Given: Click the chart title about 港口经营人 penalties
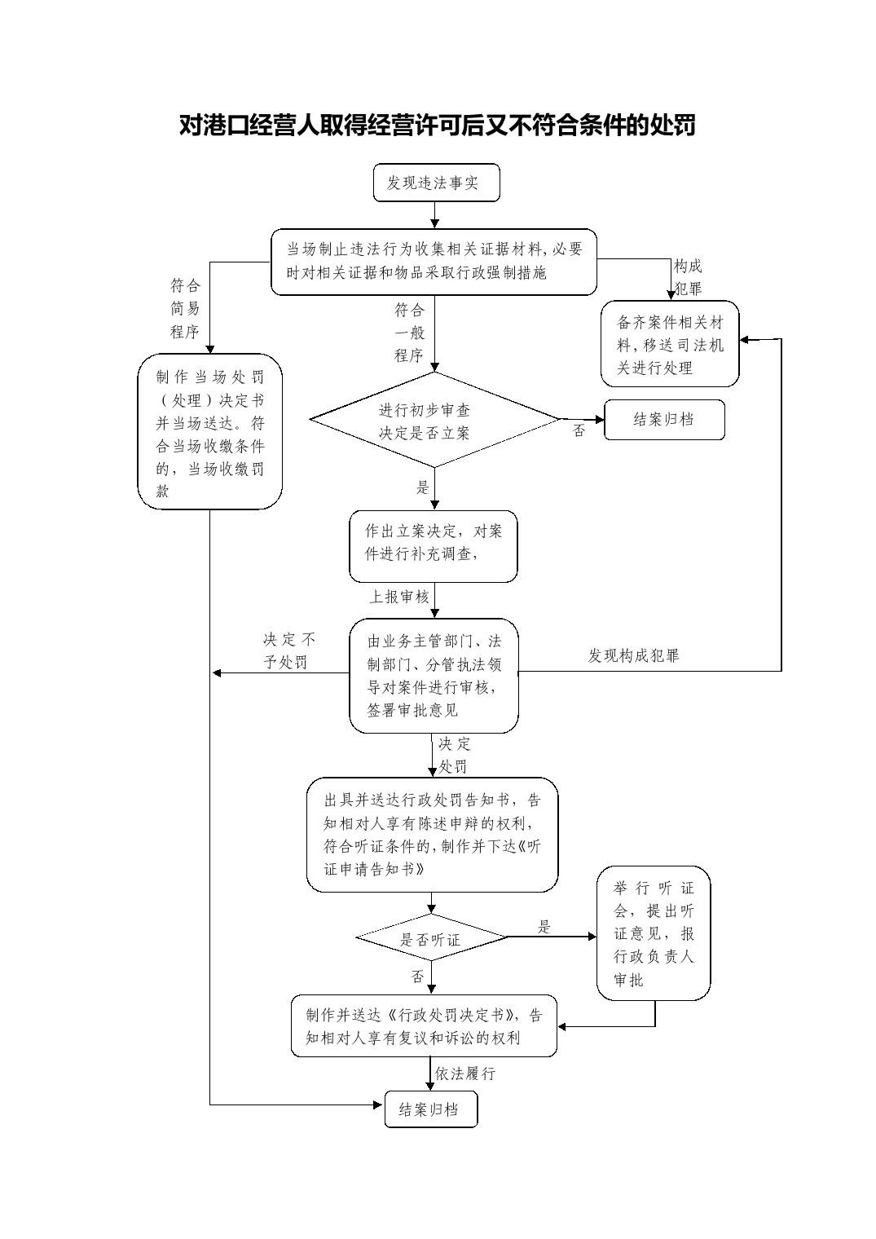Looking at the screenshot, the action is click(x=438, y=125).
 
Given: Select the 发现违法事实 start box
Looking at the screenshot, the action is click(x=436, y=183).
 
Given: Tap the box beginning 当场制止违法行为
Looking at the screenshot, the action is click(x=434, y=262).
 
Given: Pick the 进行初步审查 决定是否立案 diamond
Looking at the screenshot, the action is click(x=434, y=420).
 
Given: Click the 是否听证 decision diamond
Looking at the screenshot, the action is click(x=431, y=937).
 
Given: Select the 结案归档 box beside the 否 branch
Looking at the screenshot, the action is click(x=664, y=420).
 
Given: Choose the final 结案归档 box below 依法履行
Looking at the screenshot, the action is click(x=431, y=1109).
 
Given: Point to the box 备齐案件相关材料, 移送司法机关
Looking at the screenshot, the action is click(x=670, y=343).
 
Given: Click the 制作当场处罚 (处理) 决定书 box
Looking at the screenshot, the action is click(x=209, y=431).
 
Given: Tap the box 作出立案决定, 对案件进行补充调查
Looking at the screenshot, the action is click(x=434, y=546).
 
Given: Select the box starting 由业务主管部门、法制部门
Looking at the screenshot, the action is click(x=434, y=676).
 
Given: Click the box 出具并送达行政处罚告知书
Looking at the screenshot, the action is click(x=432, y=835).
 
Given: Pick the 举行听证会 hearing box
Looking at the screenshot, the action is click(x=653, y=933).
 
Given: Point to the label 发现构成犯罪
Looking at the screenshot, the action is click(x=633, y=655).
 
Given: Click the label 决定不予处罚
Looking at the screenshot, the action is click(x=288, y=651).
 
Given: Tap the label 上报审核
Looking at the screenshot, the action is click(x=398, y=597).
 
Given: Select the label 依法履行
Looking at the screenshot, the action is click(x=465, y=1074).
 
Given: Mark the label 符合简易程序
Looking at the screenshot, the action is click(x=185, y=308).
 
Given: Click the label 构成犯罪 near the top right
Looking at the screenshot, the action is click(x=688, y=277).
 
